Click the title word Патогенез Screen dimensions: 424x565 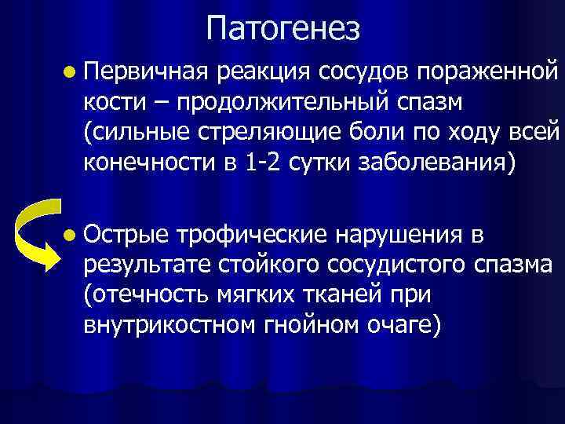pos(283,30)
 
